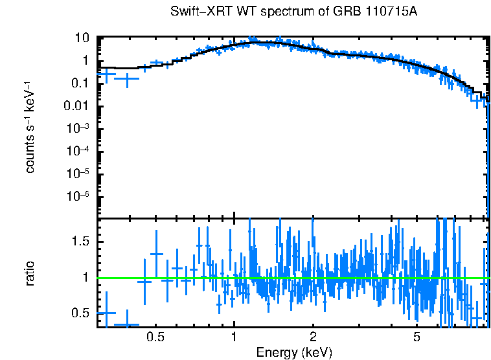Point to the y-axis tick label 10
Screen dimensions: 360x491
point(82,38)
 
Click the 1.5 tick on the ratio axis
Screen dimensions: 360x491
point(80,241)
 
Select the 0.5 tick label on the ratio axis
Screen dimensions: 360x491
point(80,313)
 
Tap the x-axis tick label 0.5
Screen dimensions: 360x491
point(155,338)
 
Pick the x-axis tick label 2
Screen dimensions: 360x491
point(313,338)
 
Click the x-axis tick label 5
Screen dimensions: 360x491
point(417,338)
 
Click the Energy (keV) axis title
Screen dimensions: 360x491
point(294,352)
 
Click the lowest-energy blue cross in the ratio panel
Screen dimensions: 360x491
point(106,313)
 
